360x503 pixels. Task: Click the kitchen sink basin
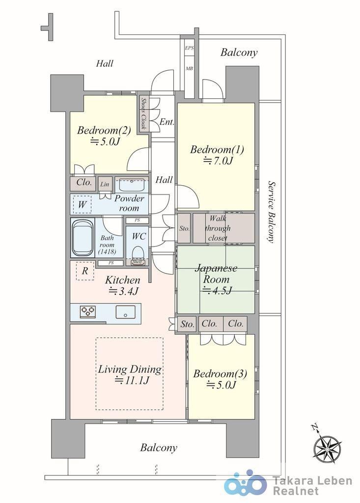[x=125, y=311]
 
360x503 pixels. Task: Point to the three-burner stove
[x=88, y=311]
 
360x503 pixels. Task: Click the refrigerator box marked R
[x=85, y=271]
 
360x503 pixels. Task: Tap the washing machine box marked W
[x=82, y=204]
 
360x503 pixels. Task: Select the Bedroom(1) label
[x=217, y=155]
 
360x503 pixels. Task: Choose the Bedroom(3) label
[x=220, y=379]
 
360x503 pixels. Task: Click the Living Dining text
[x=130, y=374]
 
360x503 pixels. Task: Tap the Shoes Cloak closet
[x=143, y=113]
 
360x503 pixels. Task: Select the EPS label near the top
[x=189, y=48]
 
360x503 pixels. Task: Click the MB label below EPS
[x=189, y=68]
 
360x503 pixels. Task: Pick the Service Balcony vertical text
[x=272, y=212]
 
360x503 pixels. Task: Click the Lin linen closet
[x=105, y=184]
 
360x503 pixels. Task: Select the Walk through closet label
[x=218, y=228]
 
